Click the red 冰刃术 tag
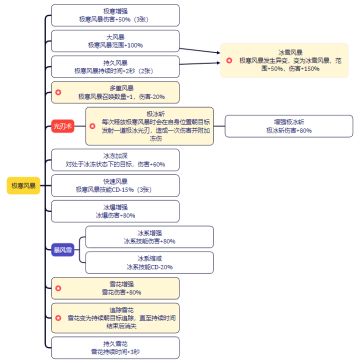pos(63,127)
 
